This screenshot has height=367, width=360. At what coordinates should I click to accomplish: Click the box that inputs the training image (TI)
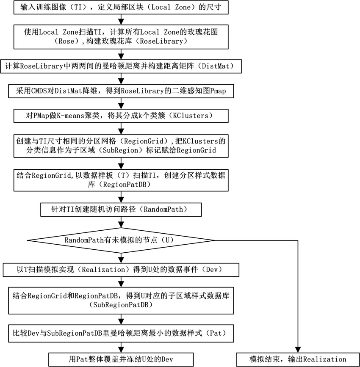(121, 7)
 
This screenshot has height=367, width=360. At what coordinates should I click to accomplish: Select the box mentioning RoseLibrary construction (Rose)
(121, 37)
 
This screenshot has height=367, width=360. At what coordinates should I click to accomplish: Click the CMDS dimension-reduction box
(121, 91)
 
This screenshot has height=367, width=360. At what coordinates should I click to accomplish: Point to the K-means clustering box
(121, 116)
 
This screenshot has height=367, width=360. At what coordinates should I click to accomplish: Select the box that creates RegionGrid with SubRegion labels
(121, 146)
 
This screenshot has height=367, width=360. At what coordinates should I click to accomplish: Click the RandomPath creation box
(121, 210)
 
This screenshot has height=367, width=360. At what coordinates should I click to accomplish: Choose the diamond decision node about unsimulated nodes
(121, 240)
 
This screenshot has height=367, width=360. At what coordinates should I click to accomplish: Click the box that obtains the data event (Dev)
(121, 270)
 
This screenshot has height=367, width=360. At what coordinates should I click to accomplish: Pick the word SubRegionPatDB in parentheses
(121, 305)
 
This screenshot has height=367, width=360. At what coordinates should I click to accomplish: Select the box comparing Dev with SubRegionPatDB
(121, 333)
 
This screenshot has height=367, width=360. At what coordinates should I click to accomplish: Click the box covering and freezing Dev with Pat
(121, 359)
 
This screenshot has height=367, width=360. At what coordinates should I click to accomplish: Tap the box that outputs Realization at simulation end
(298, 359)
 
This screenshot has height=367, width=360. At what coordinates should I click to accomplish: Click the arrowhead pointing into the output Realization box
(298, 350)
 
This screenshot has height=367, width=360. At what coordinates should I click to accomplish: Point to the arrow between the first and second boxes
(121, 19)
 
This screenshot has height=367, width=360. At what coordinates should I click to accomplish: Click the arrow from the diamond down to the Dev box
(121, 258)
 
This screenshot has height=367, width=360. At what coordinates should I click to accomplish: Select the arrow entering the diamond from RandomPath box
(121, 222)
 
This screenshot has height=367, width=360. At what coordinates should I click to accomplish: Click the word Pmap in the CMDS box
(218, 91)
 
